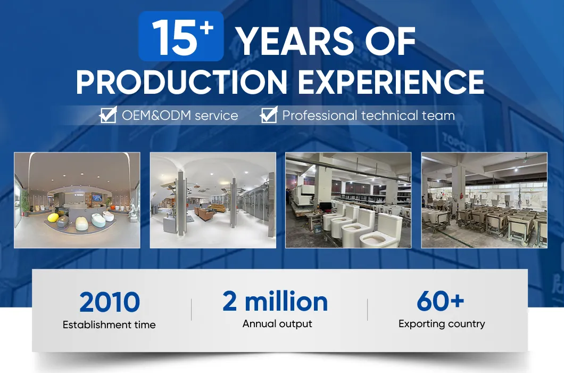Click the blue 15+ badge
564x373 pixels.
[x=181, y=36]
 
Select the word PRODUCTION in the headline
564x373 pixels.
[x=181, y=82]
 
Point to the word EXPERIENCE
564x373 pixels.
[x=391, y=82]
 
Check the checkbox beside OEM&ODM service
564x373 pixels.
[x=108, y=115]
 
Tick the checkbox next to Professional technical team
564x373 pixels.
[x=269, y=115]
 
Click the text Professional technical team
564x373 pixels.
[x=368, y=115]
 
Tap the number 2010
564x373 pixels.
[x=110, y=302]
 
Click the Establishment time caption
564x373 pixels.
[x=110, y=325]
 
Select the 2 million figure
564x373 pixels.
[x=275, y=301]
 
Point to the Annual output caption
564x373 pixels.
[x=277, y=323]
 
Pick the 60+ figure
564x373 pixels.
[x=440, y=301]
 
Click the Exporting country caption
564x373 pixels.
[x=442, y=324]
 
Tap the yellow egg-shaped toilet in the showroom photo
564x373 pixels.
[x=53, y=217]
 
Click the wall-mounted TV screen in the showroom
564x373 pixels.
[x=97, y=198]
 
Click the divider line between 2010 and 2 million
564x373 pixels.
[x=192, y=310]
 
